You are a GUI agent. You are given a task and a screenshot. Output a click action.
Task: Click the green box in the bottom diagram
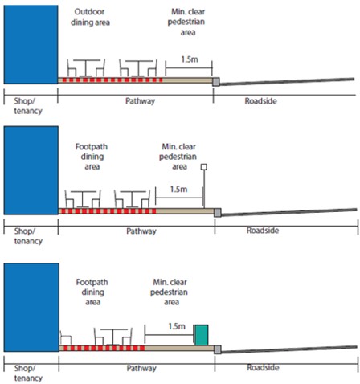[x=201, y=335]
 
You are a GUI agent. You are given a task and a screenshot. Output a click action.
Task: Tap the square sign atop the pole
[x=204, y=167]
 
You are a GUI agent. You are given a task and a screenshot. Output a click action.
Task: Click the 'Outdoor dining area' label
[x=90, y=17]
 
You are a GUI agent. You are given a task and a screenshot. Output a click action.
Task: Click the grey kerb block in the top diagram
[x=216, y=82]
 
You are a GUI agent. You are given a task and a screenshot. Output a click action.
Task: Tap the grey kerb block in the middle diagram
[x=218, y=213]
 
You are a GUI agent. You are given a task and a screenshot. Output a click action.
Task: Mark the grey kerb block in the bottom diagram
[x=218, y=349]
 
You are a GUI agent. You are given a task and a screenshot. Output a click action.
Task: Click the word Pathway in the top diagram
[x=141, y=101]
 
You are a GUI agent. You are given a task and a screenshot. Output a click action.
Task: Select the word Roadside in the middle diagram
[x=263, y=231]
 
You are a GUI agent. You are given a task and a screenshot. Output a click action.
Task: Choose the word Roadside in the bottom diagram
[x=263, y=367]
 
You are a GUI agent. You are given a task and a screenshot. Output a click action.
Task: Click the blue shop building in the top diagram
[x=31, y=44]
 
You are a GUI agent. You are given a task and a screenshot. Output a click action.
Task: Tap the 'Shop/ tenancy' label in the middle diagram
[x=28, y=236]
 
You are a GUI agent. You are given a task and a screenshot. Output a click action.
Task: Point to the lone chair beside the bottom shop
[x=66, y=338]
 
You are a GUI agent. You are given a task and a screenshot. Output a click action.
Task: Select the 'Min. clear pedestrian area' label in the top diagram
[x=186, y=22]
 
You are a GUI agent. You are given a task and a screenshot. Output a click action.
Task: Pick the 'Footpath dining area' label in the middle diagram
[x=92, y=157]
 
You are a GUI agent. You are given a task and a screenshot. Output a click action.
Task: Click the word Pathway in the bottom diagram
[x=141, y=368]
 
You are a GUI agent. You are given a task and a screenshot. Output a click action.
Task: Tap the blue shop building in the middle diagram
[x=31, y=170]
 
